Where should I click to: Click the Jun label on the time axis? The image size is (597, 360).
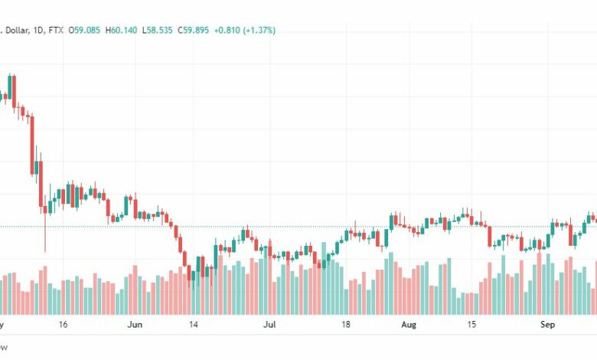click(x=135, y=325)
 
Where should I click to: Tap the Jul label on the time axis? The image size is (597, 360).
click(x=269, y=325)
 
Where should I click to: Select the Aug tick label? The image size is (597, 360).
click(x=409, y=325)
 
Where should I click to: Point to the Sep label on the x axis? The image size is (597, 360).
click(x=548, y=325)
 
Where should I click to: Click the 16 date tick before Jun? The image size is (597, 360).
click(x=63, y=325)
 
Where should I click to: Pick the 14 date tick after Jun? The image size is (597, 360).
click(x=194, y=325)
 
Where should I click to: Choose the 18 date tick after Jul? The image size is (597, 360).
click(x=345, y=325)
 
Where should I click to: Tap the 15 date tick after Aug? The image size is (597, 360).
click(x=471, y=325)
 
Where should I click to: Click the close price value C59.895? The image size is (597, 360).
click(x=194, y=31)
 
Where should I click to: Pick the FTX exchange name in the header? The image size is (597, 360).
click(x=55, y=31)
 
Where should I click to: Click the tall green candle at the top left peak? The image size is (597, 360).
click(x=11, y=88)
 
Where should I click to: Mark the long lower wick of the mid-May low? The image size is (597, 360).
click(x=44, y=234)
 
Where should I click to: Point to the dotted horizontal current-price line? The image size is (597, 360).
click(x=306, y=226)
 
